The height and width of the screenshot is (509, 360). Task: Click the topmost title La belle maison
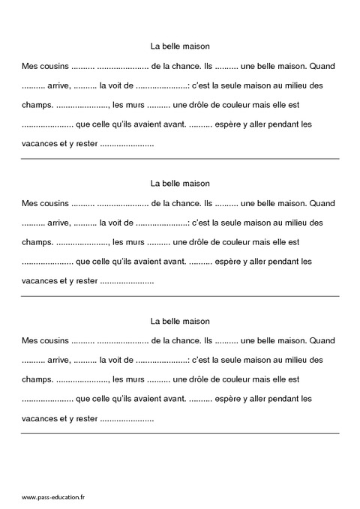(180, 46)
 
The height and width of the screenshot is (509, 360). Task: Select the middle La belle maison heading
(180, 183)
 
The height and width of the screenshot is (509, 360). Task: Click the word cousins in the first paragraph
(53, 66)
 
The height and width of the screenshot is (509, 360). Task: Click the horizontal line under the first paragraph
(180, 159)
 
